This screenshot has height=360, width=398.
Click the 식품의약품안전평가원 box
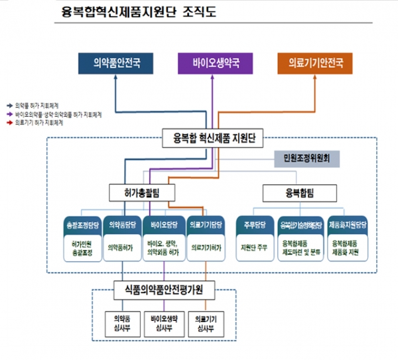pos(166,290)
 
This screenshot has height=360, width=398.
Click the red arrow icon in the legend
pos(9,123)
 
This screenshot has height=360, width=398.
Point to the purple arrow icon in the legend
pos(9,114)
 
